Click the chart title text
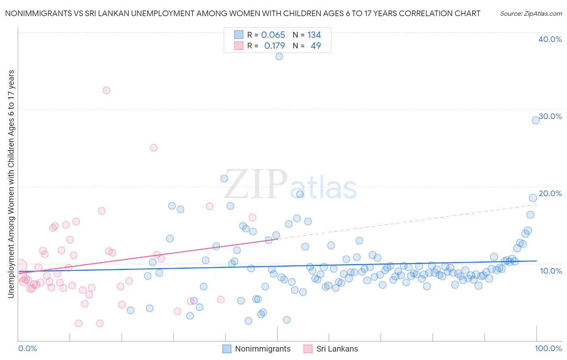pyautogui.click(x=242, y=13)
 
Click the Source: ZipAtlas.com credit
pyautogui.click(x=531, y=13)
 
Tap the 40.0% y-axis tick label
pyautogui.click(x=550, y=39)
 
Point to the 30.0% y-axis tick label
pyautogui.click(x=550, y=116)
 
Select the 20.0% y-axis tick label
pyautogui.click(x=550, y=193)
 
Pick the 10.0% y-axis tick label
pyautogui.click(x=551, y=270)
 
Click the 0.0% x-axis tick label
pyautogui.click(x=27, y=348)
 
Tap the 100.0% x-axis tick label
pyautogui.click(x=548, y=348)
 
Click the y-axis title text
pyautogui.click(x=11, y=184)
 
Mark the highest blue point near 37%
pyautogui.click(x=279, y=57)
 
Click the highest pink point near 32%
pyautogui.click(x=106, y=90)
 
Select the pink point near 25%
pyautogui.click(x=154, y=148)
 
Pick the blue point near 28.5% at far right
pyautogui.click(x=536, y=120)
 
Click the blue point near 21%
pyautogui.click(x=224, y=178)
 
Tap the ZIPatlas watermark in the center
pyautogui.click(x=290, y=185)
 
